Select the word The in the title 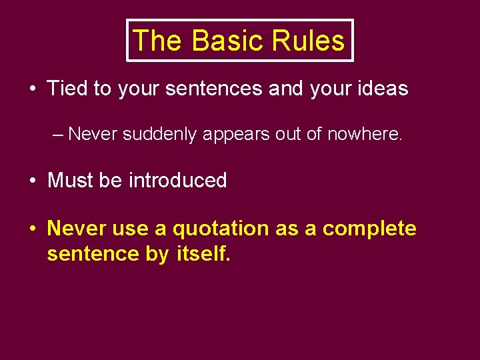click(x=158, y=41)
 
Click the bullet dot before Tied click(x=33, y=89)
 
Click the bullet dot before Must click(x=33, y=181)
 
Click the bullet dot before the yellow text click(x=33, y=229)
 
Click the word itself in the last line click(x=203, y=253)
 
